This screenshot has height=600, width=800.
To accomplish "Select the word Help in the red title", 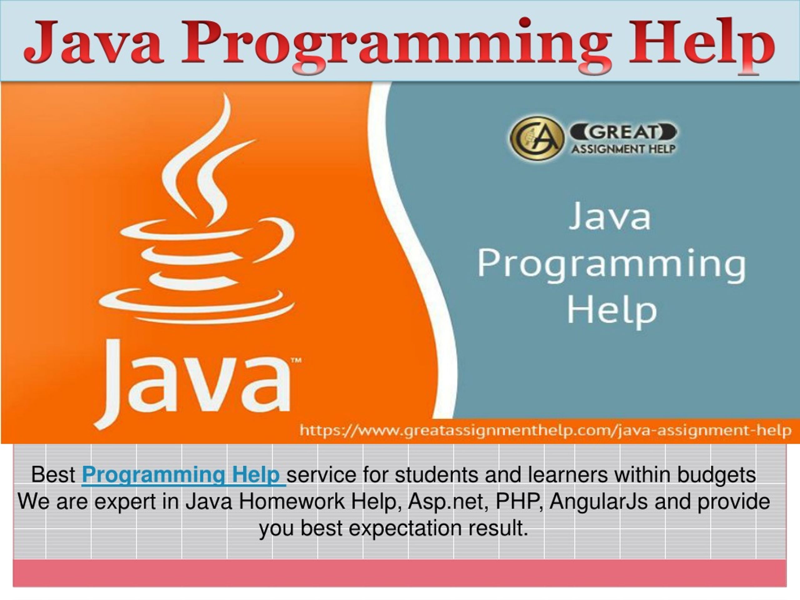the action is coord(701,46).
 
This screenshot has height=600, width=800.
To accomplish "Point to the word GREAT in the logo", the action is coord(623,132).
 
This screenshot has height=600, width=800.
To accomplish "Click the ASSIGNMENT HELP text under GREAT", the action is coord(623,149).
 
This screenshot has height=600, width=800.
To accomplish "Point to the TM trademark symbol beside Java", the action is coord(296,360).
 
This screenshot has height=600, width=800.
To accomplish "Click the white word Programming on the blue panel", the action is coord(612,266).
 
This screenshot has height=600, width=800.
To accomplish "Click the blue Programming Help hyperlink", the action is coord(184,475).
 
